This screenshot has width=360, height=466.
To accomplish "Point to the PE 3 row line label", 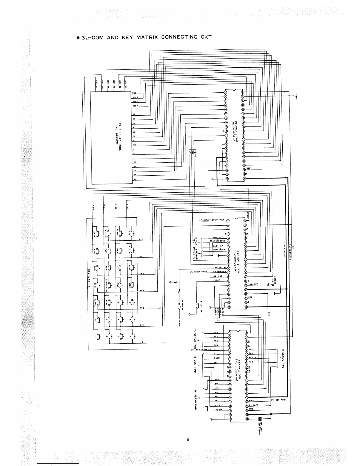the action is tap(141, 291).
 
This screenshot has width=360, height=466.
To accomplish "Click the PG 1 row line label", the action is tap(141, 342).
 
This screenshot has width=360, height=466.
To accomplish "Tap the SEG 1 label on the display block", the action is tap(135, 93).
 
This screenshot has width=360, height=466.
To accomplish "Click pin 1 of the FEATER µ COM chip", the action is tap(228, 219).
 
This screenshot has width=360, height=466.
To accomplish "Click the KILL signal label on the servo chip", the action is tap(217, 354).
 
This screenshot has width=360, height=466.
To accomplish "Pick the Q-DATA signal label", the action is tap(253, 405).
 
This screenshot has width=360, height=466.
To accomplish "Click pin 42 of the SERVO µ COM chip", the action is tap(246, 333).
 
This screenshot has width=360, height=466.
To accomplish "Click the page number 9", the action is tap(188, 440).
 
